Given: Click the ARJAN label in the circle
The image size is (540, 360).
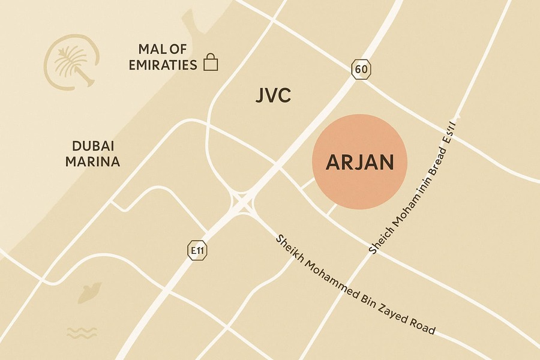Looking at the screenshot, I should pyautogui.click(x=360, y=163).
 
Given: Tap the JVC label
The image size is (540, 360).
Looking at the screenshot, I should pyautogui.click(x=273, y=95).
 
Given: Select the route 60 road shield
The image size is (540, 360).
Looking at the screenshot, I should pyautogui.click(x=361, y=69).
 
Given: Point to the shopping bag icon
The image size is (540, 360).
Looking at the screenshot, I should pyautogui.click(x=211, y=62).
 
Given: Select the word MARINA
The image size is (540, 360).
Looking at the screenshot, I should pyautogui.click(x=93, y=161).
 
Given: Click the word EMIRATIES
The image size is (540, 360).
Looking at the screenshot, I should pyautogui.click(x=163, y=64).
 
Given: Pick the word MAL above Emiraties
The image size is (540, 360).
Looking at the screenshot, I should pyautogui.click(x=151, y=49).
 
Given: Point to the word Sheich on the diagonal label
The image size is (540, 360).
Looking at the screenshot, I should pyautogui.click(x=379, y=236).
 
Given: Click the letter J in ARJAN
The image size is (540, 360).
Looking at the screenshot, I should pyautogui.click(x=352, y=163).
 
